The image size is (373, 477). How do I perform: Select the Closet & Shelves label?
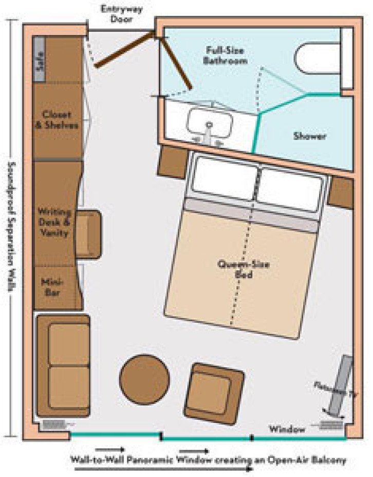click(x=57, y=119)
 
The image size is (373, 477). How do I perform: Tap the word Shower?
click(x=310, y=136)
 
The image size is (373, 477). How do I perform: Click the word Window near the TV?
click(x=288, y=428)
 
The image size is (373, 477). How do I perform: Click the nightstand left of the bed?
click(x=172, y=161)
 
